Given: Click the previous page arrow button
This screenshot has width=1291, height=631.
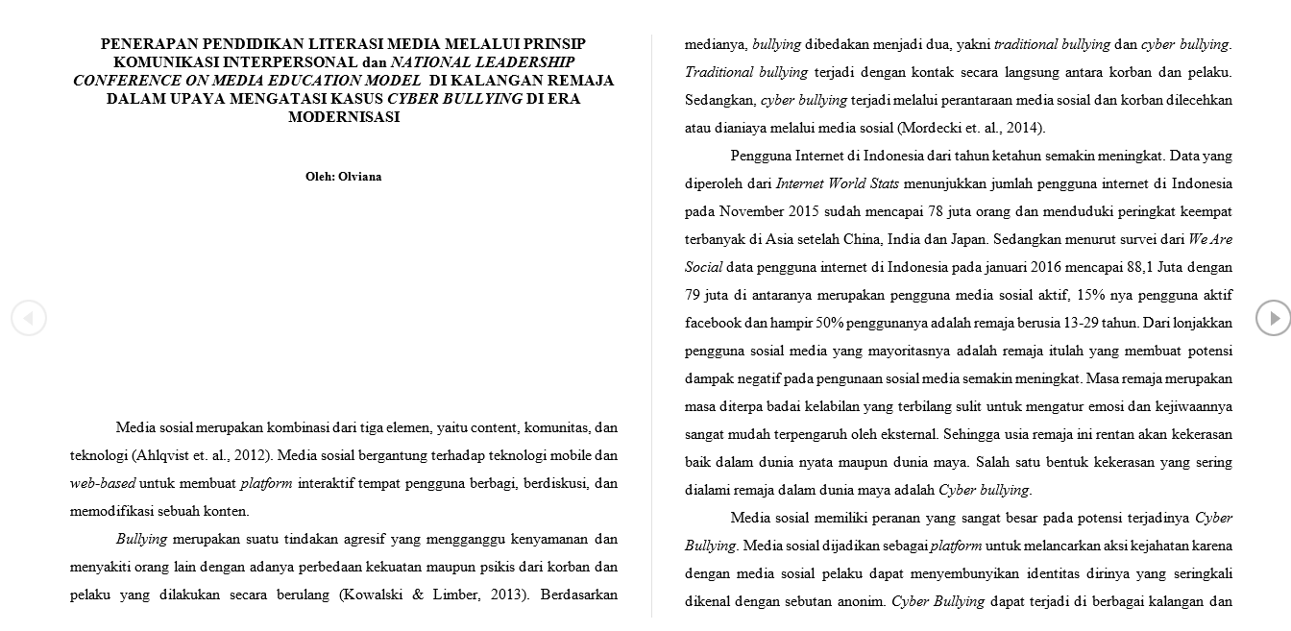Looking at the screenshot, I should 29,318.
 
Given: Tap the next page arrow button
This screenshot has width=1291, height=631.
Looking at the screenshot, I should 1273,318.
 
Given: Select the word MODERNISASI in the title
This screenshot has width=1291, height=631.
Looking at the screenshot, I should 343,117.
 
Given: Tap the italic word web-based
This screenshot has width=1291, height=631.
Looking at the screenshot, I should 103,483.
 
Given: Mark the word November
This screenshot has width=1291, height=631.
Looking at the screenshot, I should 751,211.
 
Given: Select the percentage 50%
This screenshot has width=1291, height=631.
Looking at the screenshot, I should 829,323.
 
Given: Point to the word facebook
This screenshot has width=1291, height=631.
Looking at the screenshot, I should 712,323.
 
